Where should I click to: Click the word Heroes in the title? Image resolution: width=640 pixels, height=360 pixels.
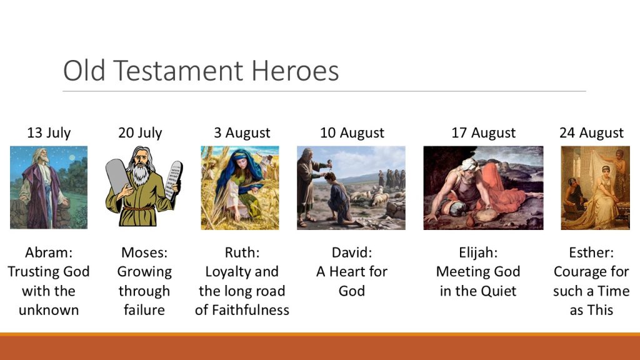coord(295,71)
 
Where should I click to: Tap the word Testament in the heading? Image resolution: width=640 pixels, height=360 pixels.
coord(178,71)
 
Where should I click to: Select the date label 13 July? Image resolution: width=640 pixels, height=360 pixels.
coord(49,132)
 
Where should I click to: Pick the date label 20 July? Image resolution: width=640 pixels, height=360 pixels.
coord(140,132)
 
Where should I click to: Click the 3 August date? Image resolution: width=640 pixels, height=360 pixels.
coord(242,133)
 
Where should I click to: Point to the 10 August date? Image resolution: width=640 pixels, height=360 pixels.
coord(352,133)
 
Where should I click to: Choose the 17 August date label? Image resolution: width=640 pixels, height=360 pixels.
coord(483,133)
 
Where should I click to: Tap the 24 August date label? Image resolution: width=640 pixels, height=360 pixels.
coord(591,133)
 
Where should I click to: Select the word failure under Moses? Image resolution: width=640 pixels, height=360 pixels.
coord(144,310)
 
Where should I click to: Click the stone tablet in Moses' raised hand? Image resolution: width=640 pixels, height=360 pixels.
coord(176,179)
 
